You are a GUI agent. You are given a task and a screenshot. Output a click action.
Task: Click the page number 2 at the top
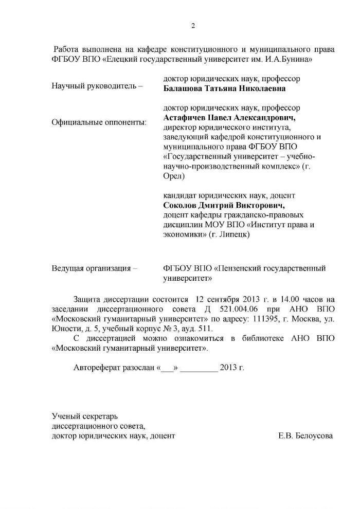(193, 27)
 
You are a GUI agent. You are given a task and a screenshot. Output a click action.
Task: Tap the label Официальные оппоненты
(99, 122)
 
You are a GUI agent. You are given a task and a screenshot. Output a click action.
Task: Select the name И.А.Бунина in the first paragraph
(291, 59)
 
